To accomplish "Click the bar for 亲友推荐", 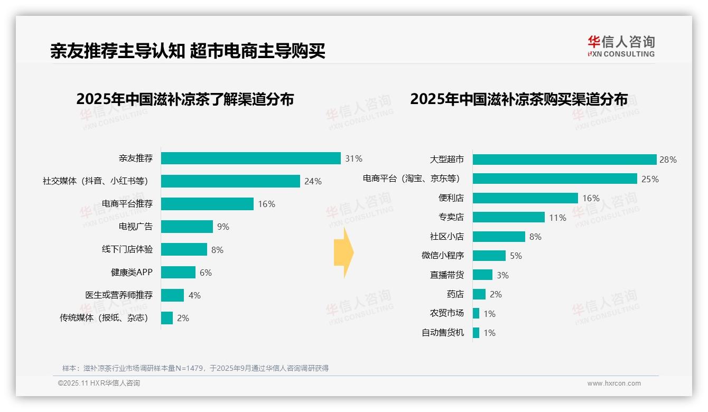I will pyautogui.click(x=250, y=158).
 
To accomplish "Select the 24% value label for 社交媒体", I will pyautogui.click(x=313, y=181).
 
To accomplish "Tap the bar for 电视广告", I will pyautogui.click(x=187, y=227).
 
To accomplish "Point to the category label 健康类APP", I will pyautogui.click(x=132, y=273).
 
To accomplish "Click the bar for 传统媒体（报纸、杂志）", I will pyautogui.click(x=167, y=318).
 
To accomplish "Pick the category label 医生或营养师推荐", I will pyautogui.click(x=119, y=295).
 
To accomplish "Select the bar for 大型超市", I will pyautogui.click(x=564, y=160).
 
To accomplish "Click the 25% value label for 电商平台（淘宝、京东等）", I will pyautogui.click(x=650, y=179).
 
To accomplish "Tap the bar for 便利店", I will pyautogui.click(x=525, y=198).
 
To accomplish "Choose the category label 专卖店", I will pyautogui.click(x=451, y=218).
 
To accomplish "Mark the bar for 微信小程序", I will pyautogui.click(x=489, y=256).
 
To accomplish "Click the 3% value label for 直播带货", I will pyautogui.click(x=502, y=275).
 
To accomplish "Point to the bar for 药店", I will pyautogui.click(x=479, y=294).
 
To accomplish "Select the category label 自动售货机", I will pyautogui.click(x=443, y=333).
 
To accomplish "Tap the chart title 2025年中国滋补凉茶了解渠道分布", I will pyautogui.click(x=185, y=99).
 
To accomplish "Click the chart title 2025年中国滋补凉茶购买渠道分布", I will pyautogui.click(x=519, y=99).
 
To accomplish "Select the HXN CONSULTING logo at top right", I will pyautogui.click(x=621, y=46).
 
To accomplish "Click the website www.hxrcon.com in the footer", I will pyautogui.click(x=614, y=383).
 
